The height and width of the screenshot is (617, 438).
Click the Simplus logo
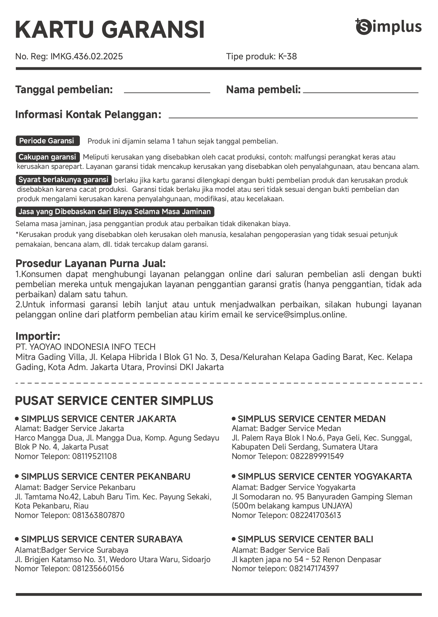[388, 27]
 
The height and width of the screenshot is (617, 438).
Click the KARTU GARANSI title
[110, 30]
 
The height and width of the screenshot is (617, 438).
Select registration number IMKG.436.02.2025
[87, 56]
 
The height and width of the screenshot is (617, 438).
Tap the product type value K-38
[287, 56]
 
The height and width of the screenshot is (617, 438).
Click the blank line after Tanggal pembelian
[167, 91]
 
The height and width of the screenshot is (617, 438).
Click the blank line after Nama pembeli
[360, 91]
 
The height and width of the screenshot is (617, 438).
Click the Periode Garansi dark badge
[48, 141]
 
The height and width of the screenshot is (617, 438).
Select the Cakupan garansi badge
[48, 157]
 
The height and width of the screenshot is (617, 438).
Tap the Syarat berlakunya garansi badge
[63, 180]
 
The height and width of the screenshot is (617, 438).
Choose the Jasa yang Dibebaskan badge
[115, 212]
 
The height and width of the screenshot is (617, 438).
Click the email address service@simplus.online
[301, 315]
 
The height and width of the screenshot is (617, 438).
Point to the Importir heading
[38, 336]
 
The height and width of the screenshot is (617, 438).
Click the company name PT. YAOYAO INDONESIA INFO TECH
[86, 347]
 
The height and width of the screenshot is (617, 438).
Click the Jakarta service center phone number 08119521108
[94, 456]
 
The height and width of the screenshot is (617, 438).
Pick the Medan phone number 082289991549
[316, 456]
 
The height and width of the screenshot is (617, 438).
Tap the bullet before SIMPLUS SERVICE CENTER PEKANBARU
[17, 476]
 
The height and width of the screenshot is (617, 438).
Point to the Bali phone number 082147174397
[314, 568]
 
